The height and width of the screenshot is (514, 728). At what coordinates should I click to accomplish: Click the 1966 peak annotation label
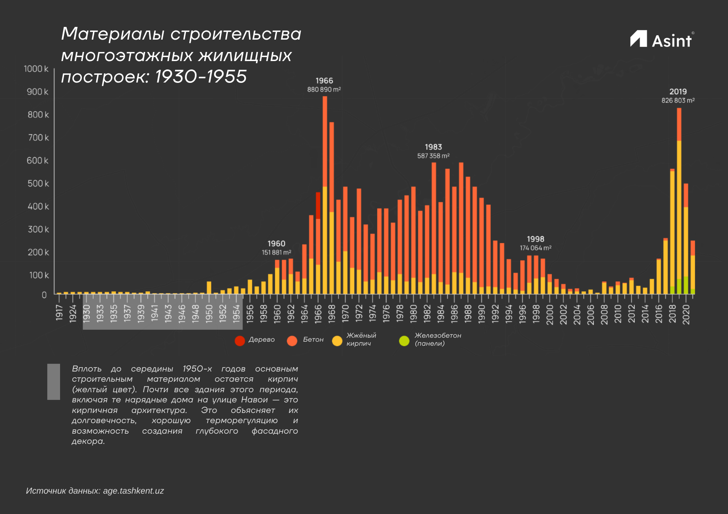point(324,81)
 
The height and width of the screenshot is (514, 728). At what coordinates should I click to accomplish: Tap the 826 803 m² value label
point(678,101)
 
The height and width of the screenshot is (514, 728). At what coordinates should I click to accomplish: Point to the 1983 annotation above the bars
point(433,147)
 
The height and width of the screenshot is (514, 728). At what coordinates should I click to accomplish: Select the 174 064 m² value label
point(535,248)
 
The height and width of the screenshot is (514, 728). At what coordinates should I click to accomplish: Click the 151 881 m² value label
point(276,253)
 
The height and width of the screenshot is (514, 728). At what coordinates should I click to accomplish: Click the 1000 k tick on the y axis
point(36,69)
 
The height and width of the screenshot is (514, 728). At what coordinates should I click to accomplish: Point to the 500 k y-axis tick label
point(38,184)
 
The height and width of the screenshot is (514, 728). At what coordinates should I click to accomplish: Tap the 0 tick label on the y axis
point(44,295)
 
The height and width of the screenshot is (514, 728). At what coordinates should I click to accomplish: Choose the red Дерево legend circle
point(240,341)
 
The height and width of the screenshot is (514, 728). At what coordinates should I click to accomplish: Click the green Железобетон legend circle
point(404,341)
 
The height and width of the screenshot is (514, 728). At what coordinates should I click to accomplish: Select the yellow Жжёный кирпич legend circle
point(337,341)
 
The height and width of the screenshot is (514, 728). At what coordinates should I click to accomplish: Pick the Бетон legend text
point(313,340)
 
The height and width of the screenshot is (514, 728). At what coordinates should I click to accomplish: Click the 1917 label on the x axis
point(59,313)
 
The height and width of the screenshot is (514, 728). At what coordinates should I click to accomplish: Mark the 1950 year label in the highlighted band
point(209,313)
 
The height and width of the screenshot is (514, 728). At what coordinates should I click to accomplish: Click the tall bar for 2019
point(679,200)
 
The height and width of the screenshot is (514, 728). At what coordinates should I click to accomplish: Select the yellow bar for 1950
point(209,288)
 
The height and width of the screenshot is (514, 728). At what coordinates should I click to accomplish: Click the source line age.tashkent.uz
point(95,491)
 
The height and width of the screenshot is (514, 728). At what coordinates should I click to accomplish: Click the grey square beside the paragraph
point(54,382)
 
